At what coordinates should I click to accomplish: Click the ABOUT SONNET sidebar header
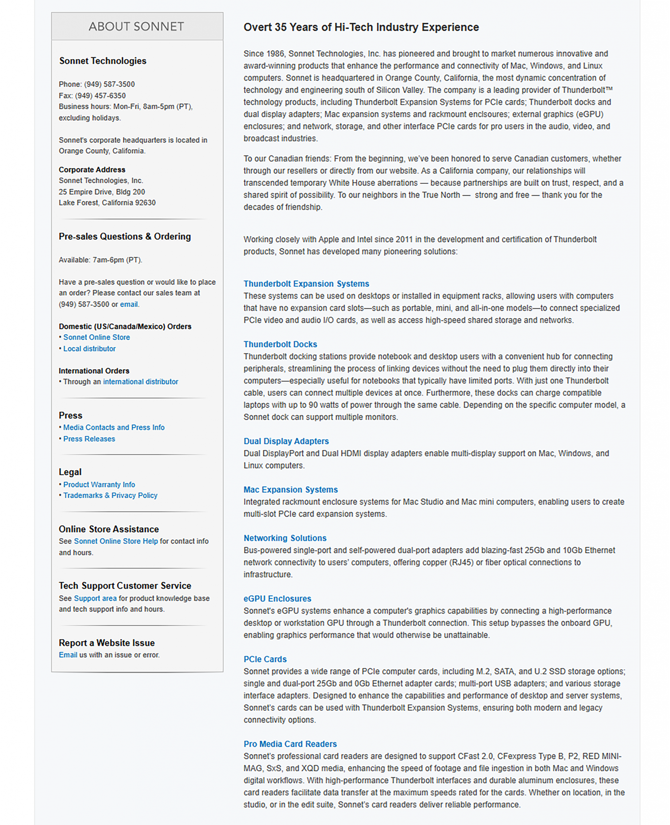137,26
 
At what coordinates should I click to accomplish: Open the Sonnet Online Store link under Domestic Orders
96,337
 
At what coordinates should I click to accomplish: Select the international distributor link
141,382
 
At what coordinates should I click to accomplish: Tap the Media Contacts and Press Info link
114,427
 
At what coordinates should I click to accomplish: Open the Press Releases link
89,439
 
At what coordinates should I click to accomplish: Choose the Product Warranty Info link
99,485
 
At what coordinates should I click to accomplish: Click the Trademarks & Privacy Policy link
110,495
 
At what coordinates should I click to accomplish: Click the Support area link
95,598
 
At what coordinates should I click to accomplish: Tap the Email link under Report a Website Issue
68,655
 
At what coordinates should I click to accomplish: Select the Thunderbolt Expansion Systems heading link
306,284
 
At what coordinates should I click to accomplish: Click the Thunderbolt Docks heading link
280,344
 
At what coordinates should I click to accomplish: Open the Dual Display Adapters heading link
286,441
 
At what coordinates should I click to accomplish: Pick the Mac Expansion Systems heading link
290,490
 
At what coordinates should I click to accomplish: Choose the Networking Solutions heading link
285,538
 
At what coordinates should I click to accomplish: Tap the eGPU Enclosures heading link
277,599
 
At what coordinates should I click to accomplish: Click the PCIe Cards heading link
265,659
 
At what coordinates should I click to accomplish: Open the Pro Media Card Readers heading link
290,744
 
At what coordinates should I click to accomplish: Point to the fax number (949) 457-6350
100,96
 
